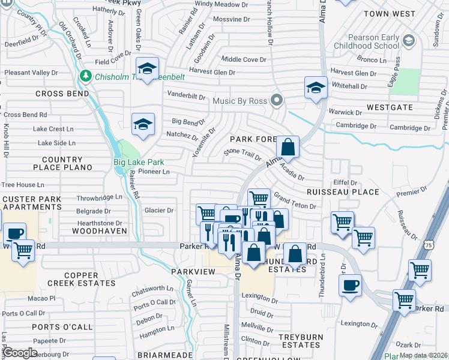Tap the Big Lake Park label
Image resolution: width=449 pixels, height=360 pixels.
(139, 162)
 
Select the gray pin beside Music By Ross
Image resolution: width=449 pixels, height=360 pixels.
(276, 100)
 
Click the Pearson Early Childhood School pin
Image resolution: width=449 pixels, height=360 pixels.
(409, 41)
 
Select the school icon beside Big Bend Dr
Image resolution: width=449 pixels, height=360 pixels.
(143, 124)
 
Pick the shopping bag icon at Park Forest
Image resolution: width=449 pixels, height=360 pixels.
(288, 147)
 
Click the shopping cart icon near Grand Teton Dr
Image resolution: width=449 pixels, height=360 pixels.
(259, 198)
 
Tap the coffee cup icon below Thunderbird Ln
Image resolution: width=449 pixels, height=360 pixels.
(350, 285)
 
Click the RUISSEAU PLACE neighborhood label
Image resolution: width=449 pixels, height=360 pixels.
(343, 192)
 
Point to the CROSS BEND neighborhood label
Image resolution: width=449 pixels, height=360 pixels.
(62, 94)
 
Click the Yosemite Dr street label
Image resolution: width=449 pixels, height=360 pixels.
(210, 139)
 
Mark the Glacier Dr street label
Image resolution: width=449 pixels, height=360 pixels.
(159, 210)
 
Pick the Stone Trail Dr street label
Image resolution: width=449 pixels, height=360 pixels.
(243, 155)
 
